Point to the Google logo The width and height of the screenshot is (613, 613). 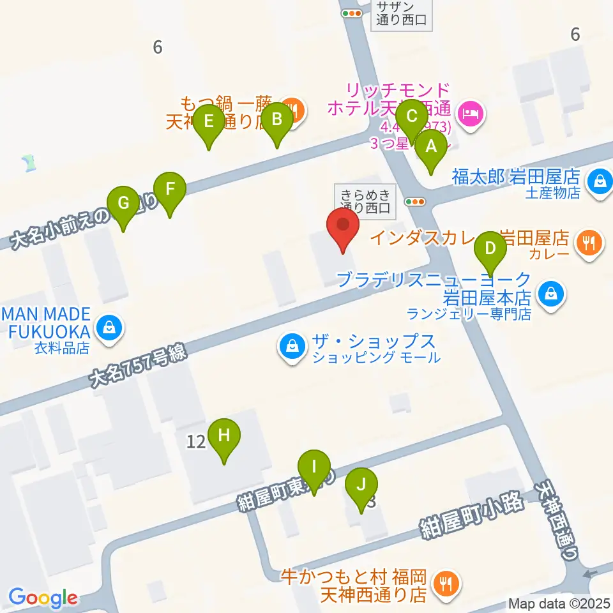(x=43, y=598)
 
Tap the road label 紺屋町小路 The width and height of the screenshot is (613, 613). (x=471, y=515)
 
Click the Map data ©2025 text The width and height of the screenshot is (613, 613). (x=559, y=603)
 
